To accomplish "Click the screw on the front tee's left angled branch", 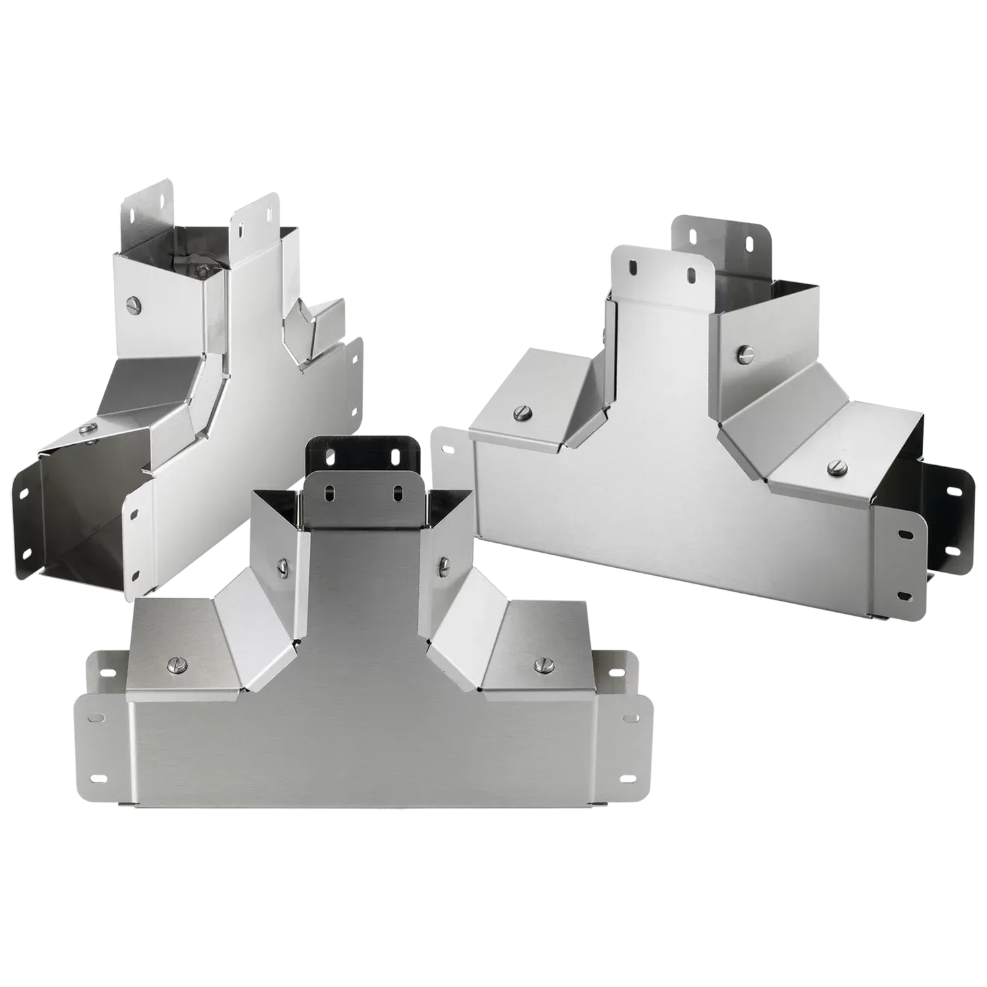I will coord(284,564).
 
